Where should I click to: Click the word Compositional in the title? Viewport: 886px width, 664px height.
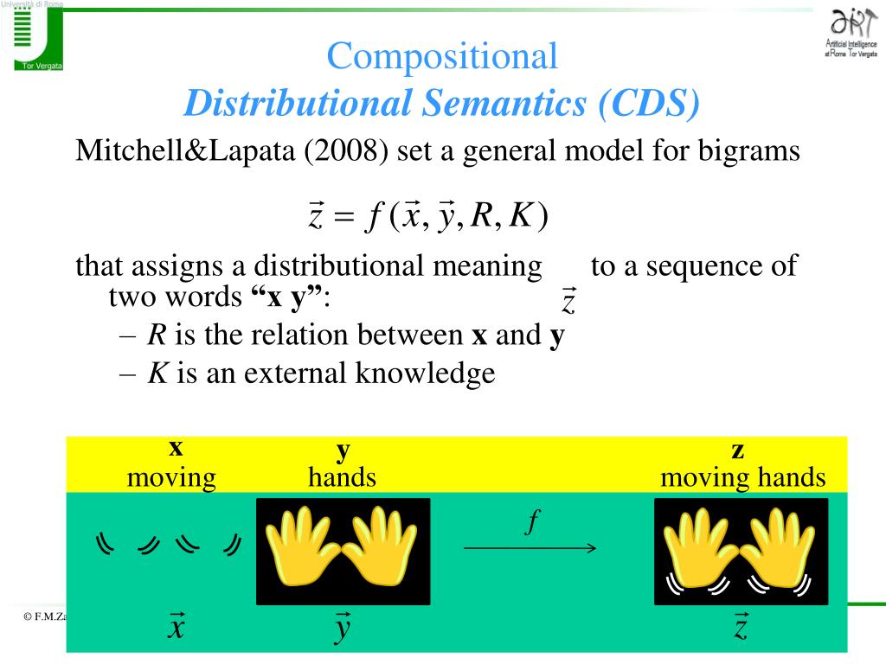click(x=442, y=57)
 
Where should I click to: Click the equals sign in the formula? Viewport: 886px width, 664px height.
click(x=344, y=217)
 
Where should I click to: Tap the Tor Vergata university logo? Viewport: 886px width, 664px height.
click(x=32, y=36)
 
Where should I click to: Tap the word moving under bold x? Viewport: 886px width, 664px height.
click(x=171, y=477)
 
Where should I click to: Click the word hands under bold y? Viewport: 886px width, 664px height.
click(x=342, y=477)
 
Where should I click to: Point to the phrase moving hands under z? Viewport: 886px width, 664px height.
click(x=742, y=477)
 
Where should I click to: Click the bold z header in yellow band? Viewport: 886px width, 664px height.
click(x=738, y=450)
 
